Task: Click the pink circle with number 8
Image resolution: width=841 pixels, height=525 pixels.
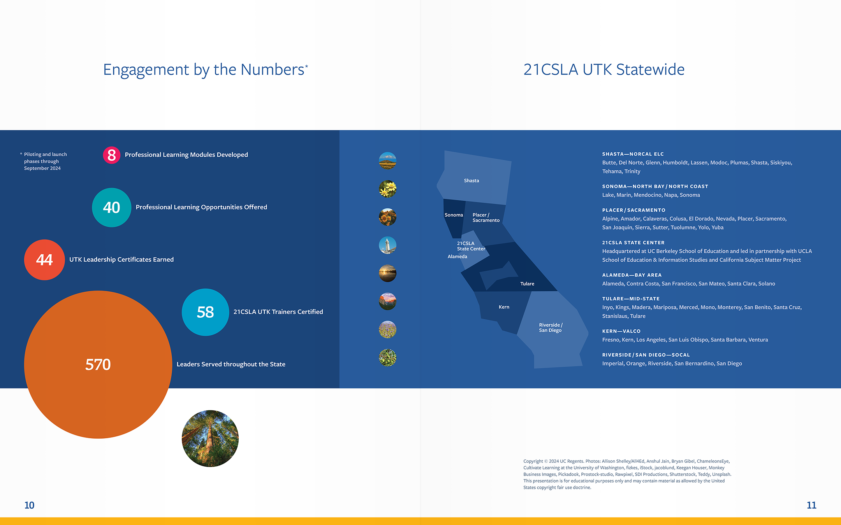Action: click(x=112, y=155)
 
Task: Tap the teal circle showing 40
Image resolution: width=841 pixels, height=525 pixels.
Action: click(x=112, y=208)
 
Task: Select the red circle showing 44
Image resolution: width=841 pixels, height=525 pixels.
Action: click(x=44, y=260)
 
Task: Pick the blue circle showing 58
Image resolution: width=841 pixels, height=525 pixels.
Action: click(x=205, y=312)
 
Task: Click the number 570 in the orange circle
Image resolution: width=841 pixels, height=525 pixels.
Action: click(x=98, y=365)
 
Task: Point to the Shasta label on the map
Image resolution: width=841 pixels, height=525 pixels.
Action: click(x=471, y=181)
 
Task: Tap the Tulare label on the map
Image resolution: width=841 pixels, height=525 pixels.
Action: click(x=527, y=284)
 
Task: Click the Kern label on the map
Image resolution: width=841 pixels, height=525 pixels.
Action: click(x=504, y=307)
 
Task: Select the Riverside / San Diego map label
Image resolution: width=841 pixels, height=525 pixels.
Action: click(x=550, y=328)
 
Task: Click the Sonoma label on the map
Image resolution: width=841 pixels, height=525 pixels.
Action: click(x=454, y=215)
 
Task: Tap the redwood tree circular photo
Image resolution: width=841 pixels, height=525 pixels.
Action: click(x=210, y=439)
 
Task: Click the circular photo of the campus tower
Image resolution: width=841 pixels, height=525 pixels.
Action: click(x=387, y=245)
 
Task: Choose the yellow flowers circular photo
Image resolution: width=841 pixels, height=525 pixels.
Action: click(x=387, y=189)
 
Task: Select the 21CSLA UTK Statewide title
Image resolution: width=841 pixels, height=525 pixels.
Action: click(x=603, y=70)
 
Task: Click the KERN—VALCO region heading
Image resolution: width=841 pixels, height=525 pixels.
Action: click(x=621, y=331)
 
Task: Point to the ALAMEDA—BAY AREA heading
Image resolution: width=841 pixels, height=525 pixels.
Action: click(x=632, y=275)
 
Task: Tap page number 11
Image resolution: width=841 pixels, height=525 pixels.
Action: click(x=811, y=505)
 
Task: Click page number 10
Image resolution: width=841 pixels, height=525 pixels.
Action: click(x=29, y=505)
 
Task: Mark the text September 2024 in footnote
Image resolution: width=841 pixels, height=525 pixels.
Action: click(x=42, y=168)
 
